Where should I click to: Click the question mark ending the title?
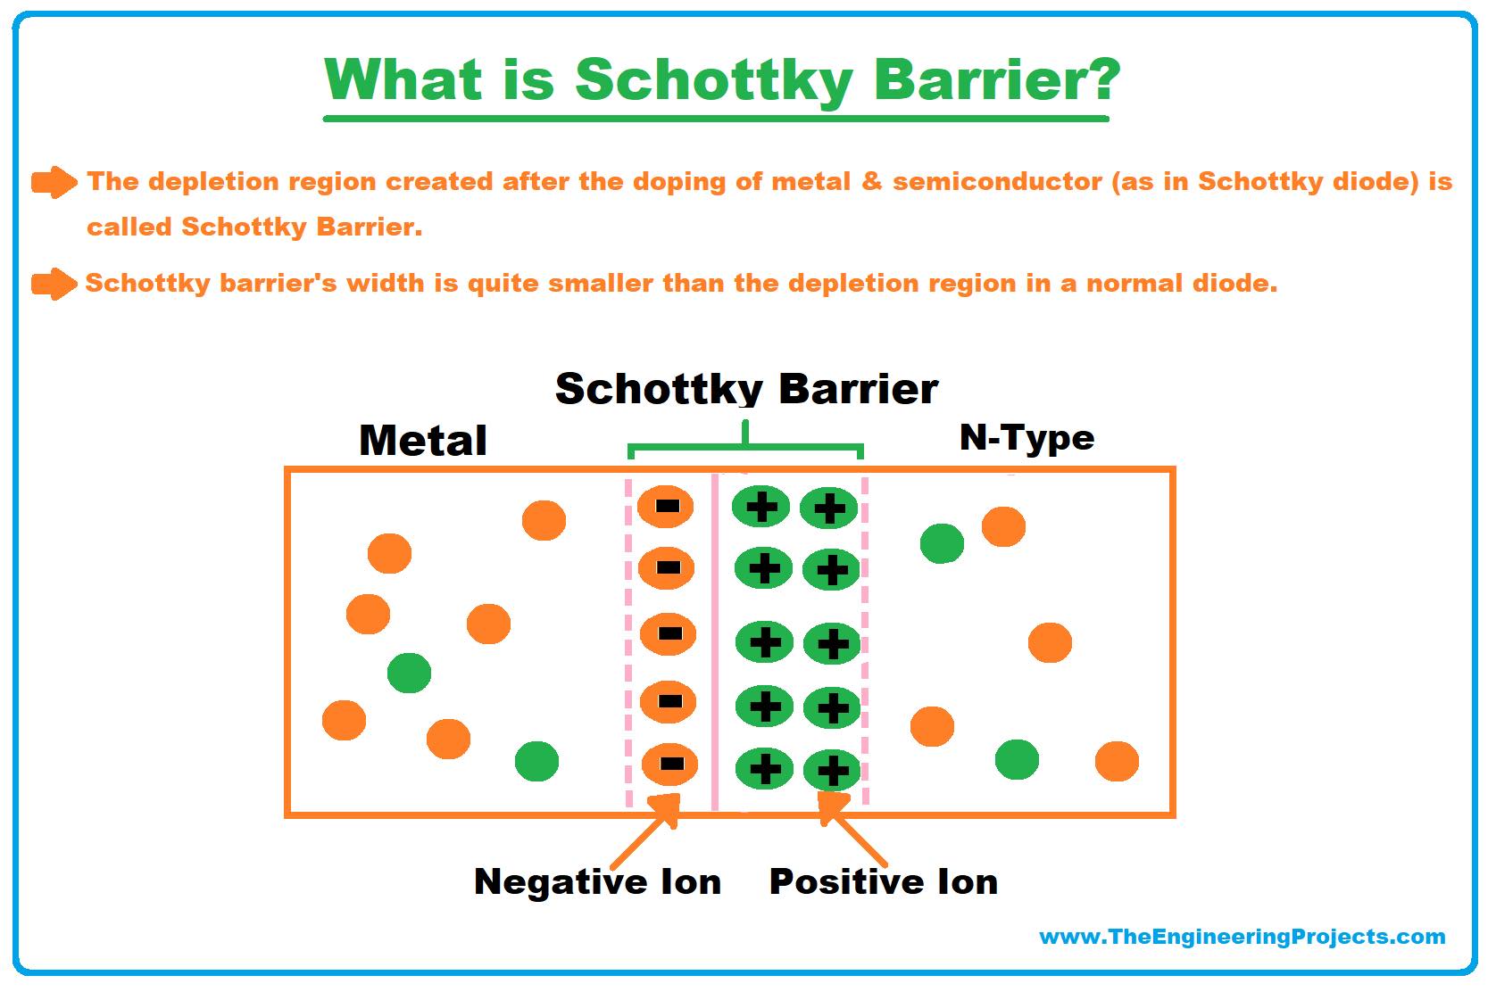1098,79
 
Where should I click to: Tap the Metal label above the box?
423,440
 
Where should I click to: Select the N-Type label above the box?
1026,438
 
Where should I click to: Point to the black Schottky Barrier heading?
747,388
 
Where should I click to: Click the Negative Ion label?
598,881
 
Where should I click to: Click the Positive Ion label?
884,881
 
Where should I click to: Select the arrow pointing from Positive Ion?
852,829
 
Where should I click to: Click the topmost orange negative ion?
665,506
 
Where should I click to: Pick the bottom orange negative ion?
669,764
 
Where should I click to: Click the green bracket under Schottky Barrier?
745,445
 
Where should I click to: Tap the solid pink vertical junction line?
715,641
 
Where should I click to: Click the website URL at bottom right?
1243,937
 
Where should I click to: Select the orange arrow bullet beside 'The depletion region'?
54,182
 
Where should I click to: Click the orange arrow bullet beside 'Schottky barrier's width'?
54,284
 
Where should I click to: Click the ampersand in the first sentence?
871,181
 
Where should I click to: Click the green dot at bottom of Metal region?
537,761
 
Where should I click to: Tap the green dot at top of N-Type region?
942,543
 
